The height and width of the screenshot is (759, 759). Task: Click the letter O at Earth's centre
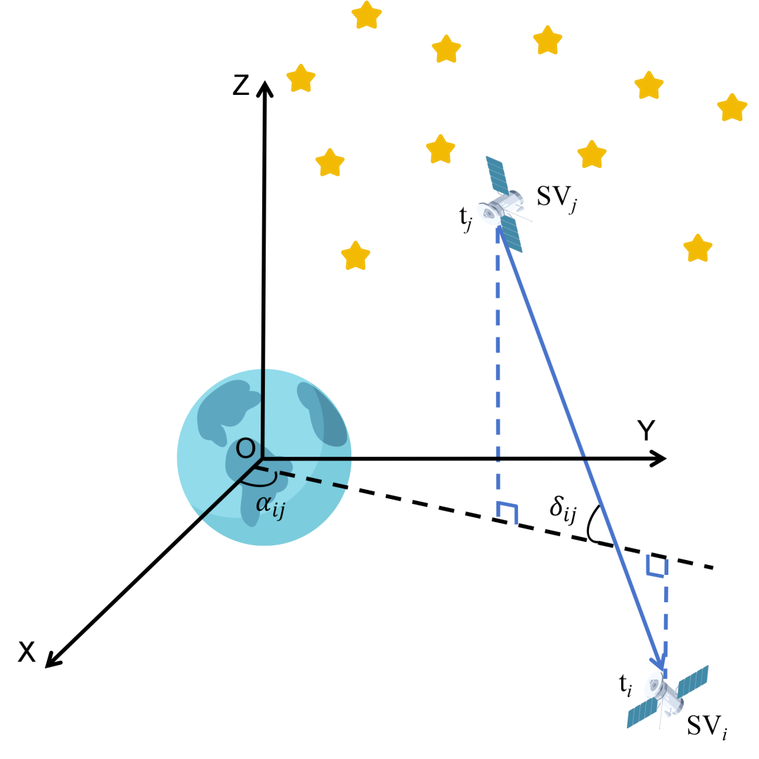245,448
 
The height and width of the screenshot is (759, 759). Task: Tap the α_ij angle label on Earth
270,505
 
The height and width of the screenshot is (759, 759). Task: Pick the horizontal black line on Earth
309,459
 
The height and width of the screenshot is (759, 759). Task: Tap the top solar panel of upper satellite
496,174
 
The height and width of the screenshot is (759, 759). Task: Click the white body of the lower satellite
663,692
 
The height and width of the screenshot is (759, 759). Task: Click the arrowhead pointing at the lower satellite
659,662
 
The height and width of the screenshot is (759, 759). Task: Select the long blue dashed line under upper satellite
498,365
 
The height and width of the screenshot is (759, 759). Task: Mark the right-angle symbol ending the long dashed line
507,512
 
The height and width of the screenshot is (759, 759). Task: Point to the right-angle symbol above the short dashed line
656,568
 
